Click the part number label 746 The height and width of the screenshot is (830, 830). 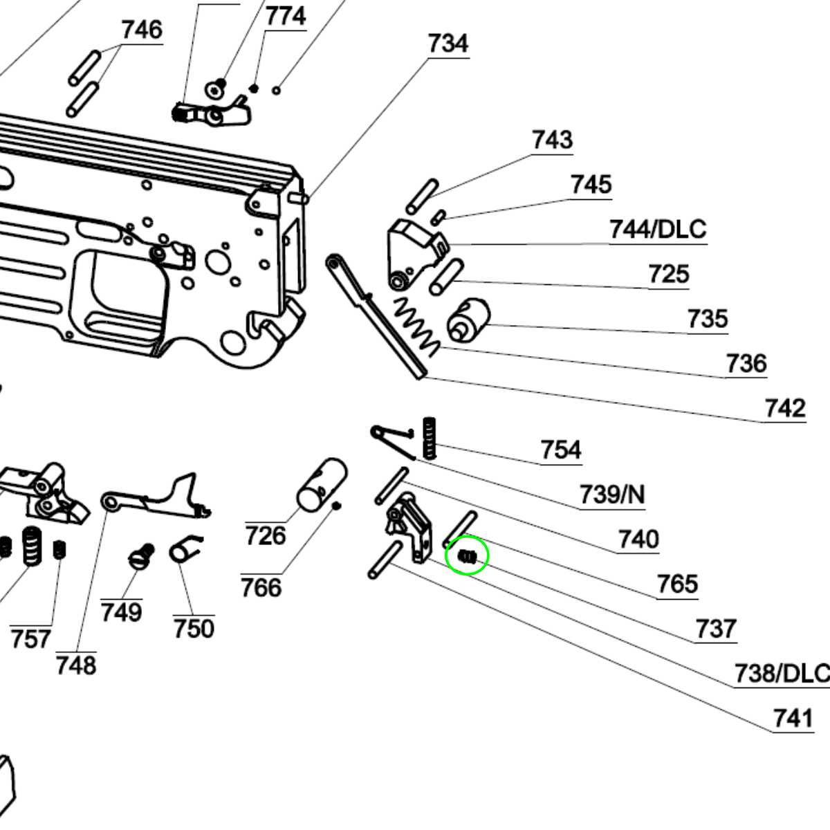click(x=142, y=30)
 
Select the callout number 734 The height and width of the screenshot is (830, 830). click(x=448, y=44)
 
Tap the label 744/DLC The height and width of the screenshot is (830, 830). click(x=658, y=229)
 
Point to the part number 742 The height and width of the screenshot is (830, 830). click(x=785, y=408)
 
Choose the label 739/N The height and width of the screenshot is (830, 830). click(x=611, y=495)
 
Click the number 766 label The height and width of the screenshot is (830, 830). click(x=261, y=588)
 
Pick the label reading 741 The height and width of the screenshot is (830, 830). click(x=793, y=718)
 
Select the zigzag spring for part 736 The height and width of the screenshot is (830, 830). click(x=416, y=326)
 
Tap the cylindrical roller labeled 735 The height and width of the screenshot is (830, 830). click(x=468, y=320)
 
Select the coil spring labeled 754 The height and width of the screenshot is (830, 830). click(x=430, y=437)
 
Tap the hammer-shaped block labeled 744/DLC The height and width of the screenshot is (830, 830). click(x=412, y=252)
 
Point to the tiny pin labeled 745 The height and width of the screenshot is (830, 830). click(x=437, y=217)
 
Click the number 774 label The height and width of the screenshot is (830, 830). click(x=286, y=16)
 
